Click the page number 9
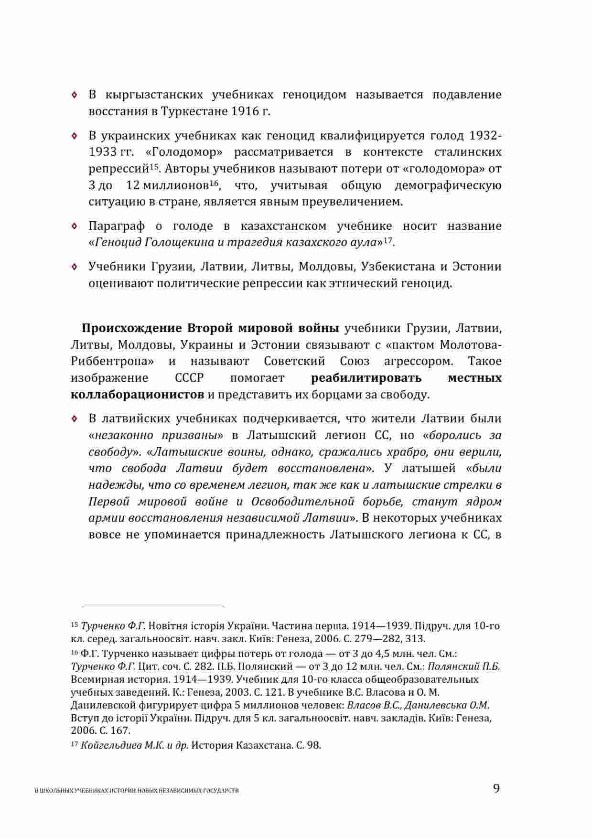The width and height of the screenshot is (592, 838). coord(496,788)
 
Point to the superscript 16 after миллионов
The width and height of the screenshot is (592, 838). coord(213,183)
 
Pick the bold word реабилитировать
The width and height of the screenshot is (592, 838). coord(366,378)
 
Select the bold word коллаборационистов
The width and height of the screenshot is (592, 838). coord(137,395)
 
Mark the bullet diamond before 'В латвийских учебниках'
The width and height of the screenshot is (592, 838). coord(74,419)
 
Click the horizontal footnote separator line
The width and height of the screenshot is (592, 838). coord(153,606)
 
